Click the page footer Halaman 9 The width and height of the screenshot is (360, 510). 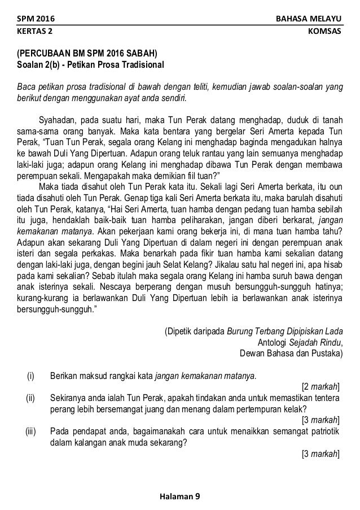pos(179,496)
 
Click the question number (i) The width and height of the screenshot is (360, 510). pos(30,375)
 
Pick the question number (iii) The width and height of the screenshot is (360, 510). pos(30,431)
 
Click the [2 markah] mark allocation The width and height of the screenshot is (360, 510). pos(321,386)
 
